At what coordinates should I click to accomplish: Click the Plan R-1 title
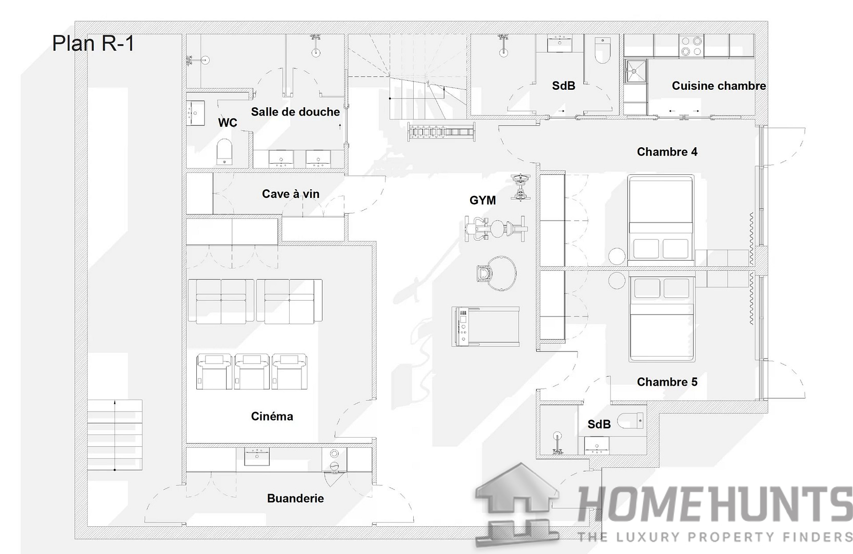point(93,43)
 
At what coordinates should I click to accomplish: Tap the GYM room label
point(482,200)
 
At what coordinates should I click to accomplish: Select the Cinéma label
point(272,416)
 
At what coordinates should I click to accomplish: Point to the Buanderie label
point(295,498)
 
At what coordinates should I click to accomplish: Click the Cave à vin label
point(291,193)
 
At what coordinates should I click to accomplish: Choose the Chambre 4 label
point(667,152)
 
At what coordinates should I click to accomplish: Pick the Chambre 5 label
point(667,382)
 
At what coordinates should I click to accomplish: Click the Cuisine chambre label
point(719,86)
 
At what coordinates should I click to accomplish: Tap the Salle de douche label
point(295,112)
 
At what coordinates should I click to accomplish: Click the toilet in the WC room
point(225,152)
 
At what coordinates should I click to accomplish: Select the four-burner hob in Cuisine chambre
point(691,46)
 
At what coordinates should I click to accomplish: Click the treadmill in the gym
point(485,327)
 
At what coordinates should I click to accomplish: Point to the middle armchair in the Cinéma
point(252,371)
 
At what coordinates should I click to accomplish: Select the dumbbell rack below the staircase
point(441,132)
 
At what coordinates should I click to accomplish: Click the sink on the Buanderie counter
point(257,457)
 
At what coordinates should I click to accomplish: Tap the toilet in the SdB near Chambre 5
point(631,421)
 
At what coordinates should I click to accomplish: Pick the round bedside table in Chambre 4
point(617,256)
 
